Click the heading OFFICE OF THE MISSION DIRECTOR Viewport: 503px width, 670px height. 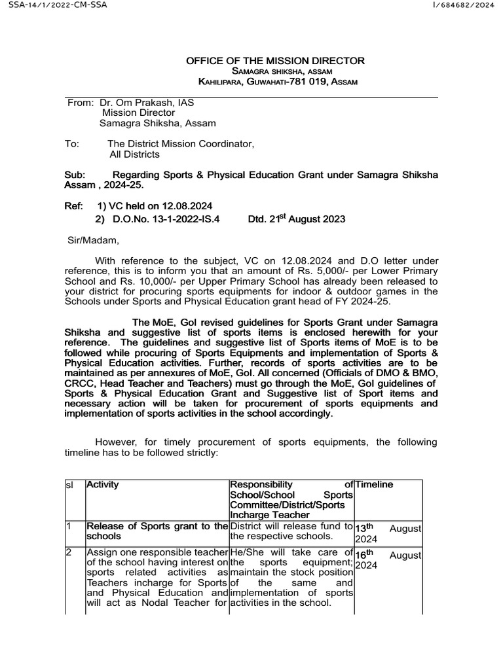(276, 61)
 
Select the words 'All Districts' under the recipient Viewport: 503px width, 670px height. (134, 154)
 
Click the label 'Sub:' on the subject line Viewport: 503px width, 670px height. (75, 175)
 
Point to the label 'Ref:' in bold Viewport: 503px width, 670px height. (73, 206)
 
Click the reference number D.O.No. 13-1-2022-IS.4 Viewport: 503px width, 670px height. (166, 219)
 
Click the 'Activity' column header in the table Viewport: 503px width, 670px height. (104, 485)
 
